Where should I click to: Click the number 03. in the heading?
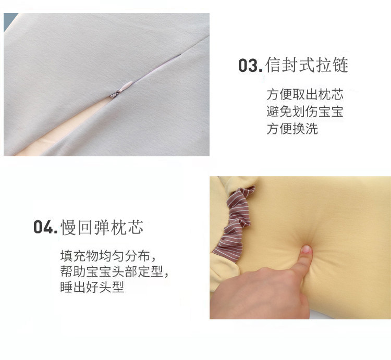[x=250, y=66]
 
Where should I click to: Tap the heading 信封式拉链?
[x=307, y=65]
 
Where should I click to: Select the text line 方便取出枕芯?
[x=305, y=94]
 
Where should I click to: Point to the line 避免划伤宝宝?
[x=305, y=111]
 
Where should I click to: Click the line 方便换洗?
[x=292, y=129]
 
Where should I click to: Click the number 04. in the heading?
[x=45, y=227]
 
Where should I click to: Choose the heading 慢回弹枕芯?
[x=102, y=227]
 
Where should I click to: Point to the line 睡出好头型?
[x=92, y=287]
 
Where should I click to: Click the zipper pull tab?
[x=122, y=89]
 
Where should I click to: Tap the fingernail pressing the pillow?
[x=307, y=249]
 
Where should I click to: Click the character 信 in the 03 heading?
[x=274, y=65]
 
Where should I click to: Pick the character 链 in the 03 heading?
[x=340, y=65]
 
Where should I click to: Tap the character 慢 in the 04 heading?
[x=69, y=227]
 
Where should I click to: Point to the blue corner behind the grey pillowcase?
[x=9, y=21]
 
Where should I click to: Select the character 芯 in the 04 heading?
[x=136, y=227]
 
